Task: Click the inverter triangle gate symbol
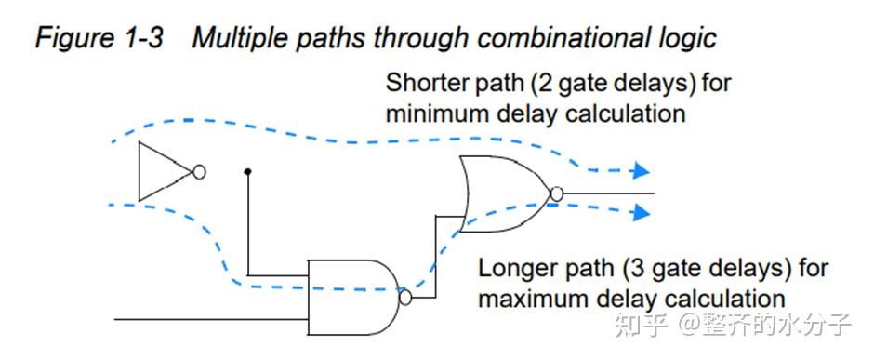pos(160,171)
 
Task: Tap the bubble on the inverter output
pos(198,172)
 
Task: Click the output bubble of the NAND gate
pos(404,298)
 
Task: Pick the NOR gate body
pos(502,193)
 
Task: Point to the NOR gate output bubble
pos(556,193)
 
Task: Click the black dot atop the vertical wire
pos(247,172)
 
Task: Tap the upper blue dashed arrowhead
pos(639,171)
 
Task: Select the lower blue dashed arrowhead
pos(639,214)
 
